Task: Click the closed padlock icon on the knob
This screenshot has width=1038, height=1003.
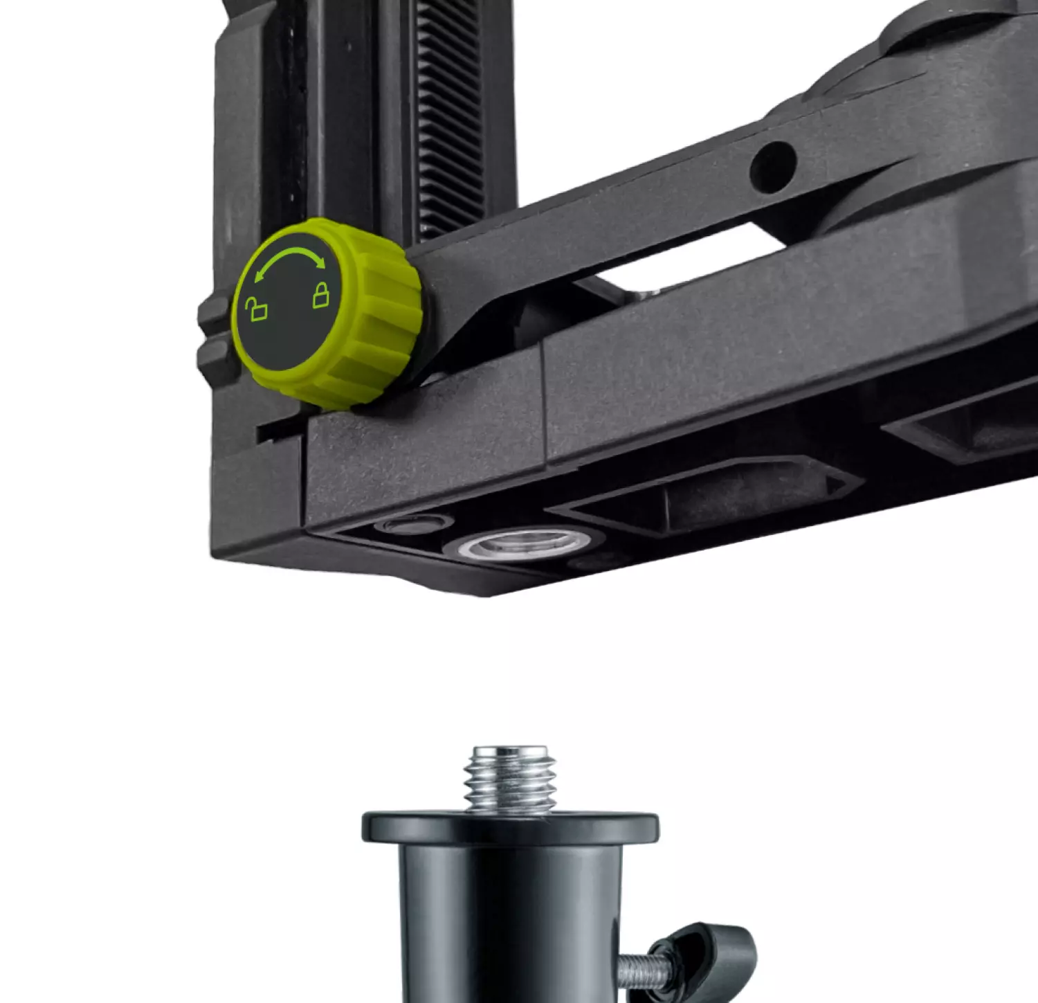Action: (321, 295)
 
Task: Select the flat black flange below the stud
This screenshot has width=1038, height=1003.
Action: (510, 828)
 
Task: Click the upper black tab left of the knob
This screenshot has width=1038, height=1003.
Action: (212, 316)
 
